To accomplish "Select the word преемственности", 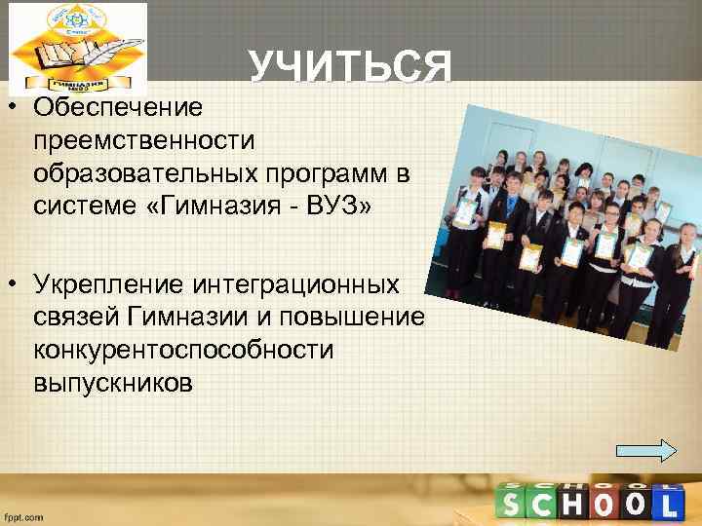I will tap(143, 139).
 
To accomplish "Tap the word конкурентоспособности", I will tap(182, 350).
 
